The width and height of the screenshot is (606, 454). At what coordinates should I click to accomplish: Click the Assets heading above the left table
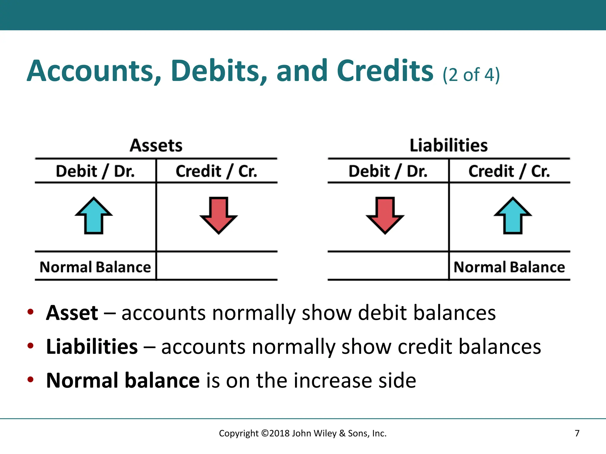[156, 146]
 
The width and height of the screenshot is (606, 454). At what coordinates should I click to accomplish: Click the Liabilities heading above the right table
[449, 146]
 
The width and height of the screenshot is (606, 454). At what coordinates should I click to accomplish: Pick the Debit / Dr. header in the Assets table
[95, 171]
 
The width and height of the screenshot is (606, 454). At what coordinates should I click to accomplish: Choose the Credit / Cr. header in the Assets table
[216, 171]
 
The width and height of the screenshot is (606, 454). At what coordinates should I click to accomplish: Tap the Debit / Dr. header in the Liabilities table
[388, 171]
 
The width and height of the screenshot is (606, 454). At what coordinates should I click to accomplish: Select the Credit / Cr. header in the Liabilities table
[509, 171]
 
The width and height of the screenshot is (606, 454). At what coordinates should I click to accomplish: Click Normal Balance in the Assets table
[95, 267]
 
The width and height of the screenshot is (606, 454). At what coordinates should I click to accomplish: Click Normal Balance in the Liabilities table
[509, 267]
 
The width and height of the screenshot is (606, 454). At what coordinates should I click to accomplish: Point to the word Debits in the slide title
[219, 71]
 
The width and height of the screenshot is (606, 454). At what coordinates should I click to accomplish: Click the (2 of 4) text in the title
[471, 75]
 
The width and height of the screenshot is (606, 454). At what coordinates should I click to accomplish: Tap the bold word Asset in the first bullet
[72, 313]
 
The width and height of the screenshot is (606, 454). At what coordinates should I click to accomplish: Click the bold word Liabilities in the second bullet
[92, 347]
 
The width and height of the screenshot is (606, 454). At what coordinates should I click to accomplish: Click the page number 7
[577, 433]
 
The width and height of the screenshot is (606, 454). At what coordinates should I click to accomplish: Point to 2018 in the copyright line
[280, 433]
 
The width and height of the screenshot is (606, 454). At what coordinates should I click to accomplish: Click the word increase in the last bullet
[333, 381]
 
